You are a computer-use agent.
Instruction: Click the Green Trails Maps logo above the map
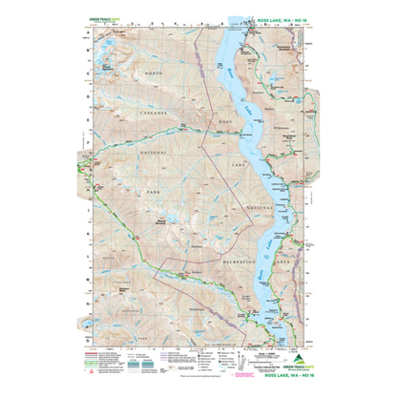97,20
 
